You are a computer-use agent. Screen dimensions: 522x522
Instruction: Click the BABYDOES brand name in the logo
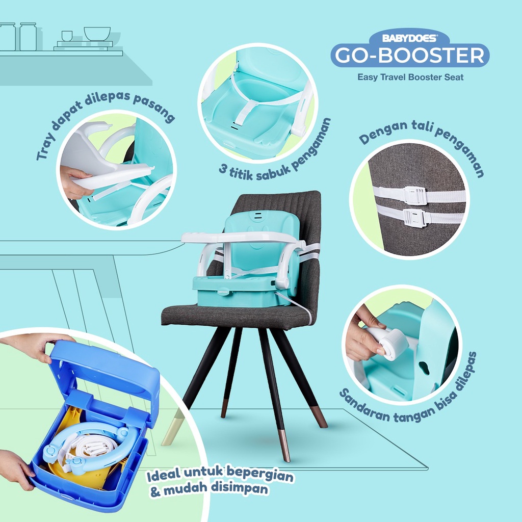(409, 38)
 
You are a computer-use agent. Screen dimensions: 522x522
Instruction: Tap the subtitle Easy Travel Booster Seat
(410, 77)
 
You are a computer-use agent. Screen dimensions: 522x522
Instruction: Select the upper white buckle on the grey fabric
(414, 195)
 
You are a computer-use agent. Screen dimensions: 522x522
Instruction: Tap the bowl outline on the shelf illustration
(97, 34)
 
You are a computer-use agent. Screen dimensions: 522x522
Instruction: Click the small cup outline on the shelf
(67, 36)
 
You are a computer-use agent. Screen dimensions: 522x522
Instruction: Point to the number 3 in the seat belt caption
(223, 168)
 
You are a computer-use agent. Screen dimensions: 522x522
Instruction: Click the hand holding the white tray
(75, 181)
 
